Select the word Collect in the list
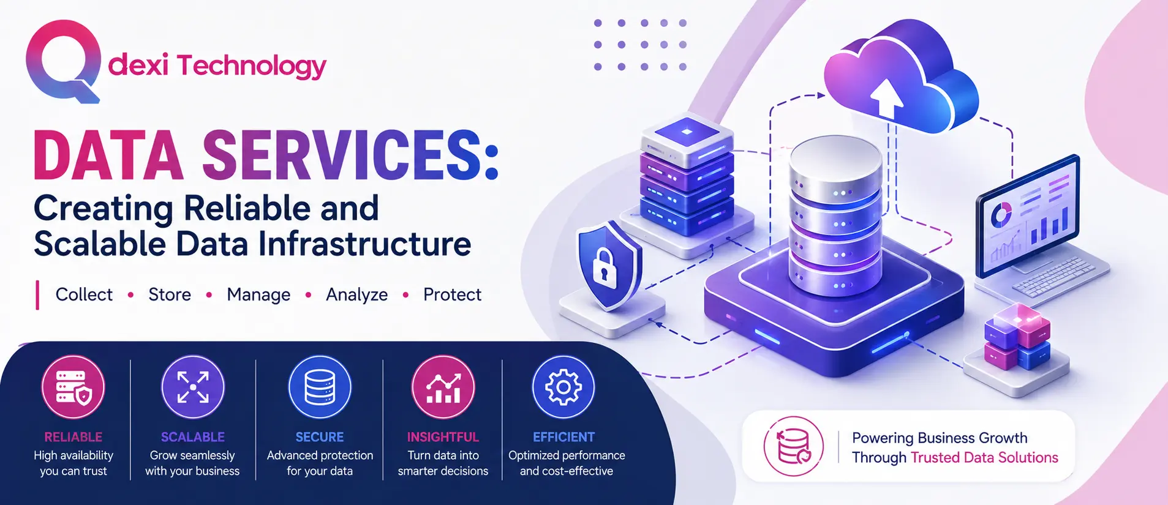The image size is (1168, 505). click(84, 294)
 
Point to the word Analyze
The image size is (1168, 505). click(356, 294)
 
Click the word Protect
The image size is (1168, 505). click(452, 294)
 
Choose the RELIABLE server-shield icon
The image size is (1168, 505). click(73, 387)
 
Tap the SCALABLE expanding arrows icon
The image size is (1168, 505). click(193, 387)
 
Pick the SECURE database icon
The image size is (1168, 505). click(320, 387)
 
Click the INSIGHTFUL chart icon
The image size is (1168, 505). click(443, 387)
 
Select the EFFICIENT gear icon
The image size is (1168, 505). click(563, 387)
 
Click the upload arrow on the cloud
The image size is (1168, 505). click(886, 98)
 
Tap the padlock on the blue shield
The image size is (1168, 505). click(603, 268)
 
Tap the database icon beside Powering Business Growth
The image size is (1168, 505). click(794, 446)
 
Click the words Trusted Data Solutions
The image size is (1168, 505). click(984, 457)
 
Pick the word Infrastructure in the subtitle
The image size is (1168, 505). click(364, 244)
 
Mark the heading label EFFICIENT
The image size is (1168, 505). click(563, 437)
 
